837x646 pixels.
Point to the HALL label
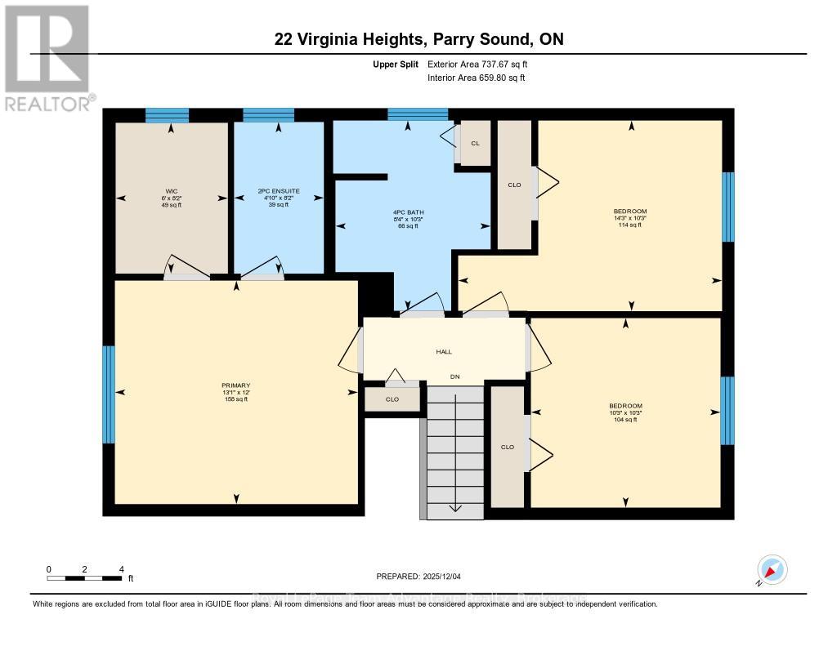point(444,352)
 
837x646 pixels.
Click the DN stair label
point(455,376)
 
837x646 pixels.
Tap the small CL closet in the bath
point(475,143)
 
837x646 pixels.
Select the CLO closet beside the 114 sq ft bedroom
point(514,185)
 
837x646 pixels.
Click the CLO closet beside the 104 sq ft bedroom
point(508,447)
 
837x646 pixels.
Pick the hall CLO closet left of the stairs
point(392,399)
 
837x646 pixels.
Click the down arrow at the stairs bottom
point(455,507)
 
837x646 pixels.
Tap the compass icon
point(772,570)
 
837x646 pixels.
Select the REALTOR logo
point(47,57)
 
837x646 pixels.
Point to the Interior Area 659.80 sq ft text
point(476,78)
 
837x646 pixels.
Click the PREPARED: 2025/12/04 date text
point(418,577)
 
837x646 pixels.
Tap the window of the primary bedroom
point(108,394)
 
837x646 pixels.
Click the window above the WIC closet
point(167,115)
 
